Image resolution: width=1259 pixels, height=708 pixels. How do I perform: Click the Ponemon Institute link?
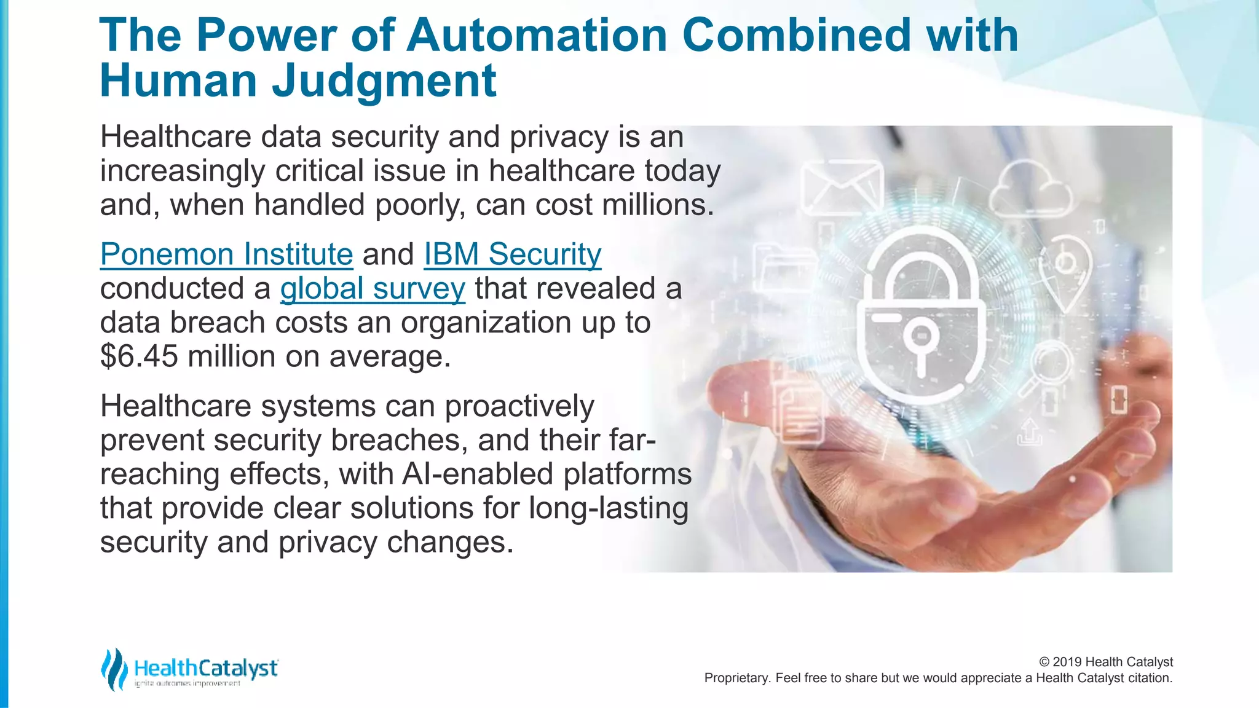(226, 254)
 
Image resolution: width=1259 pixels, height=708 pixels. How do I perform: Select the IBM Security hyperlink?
(512, 254)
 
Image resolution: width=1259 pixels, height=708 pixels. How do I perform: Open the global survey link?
(373, 289)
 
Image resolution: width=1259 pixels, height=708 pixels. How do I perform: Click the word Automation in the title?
(537, 35)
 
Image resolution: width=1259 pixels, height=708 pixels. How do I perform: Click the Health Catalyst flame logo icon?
(114, 669)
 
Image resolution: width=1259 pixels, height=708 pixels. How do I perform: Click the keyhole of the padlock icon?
(920, 342)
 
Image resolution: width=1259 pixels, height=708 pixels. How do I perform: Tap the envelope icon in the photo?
(842, 187)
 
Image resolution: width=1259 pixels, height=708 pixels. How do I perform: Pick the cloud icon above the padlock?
(1030, 188)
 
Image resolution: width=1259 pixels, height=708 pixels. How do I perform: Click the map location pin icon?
(1065, 270)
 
